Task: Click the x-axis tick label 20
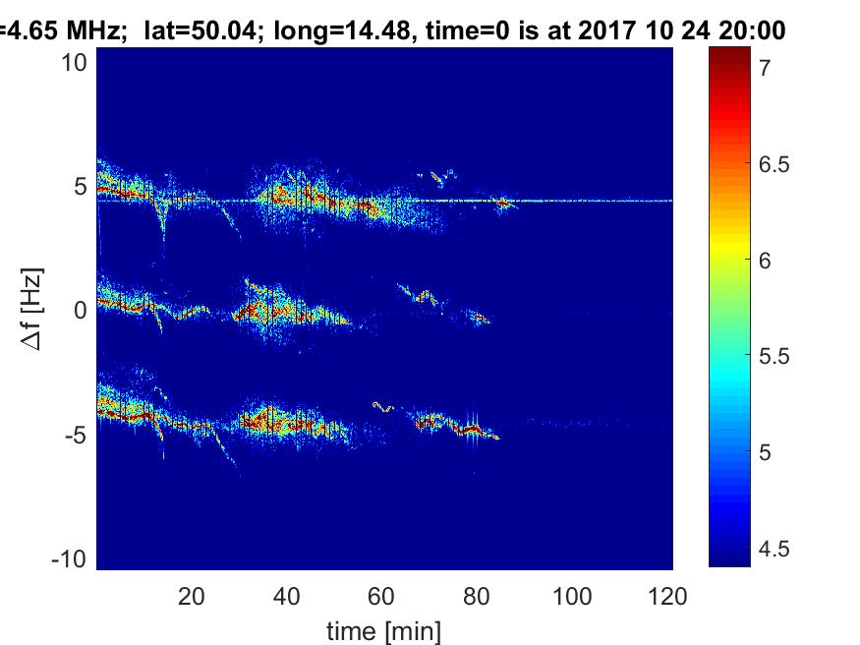point(192,596)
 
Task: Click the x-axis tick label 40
point(287,596)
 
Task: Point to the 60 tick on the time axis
point(382,596)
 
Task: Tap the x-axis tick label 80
point(478,596)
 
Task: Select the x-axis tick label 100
point(573,596)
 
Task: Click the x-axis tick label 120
point(668,596)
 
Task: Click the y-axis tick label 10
point(77,62)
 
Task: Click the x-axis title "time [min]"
point(383,629)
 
